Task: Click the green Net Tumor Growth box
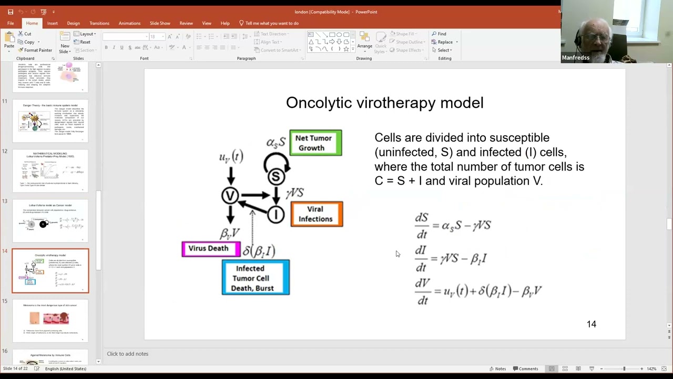click(315, 143)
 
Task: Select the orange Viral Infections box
click(316, 214)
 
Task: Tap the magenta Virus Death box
click(210, 249)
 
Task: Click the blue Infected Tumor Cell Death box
click(255, 278)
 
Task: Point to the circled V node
click(230, 196)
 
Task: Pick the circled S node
click(276, 176)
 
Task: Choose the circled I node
click(276, 214)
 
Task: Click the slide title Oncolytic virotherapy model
click(384, 103)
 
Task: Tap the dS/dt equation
click(453, 225)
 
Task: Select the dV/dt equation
click(477, 291)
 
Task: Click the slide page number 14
click(592, 324)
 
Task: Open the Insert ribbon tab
click(52, 23)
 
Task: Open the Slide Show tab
click(160, 23)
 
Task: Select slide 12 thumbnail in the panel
click(50, 171)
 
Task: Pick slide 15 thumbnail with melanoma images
click(50, 321)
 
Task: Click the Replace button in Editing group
click(444, 42)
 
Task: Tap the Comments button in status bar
click(525, 368)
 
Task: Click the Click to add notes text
click(128, 354)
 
